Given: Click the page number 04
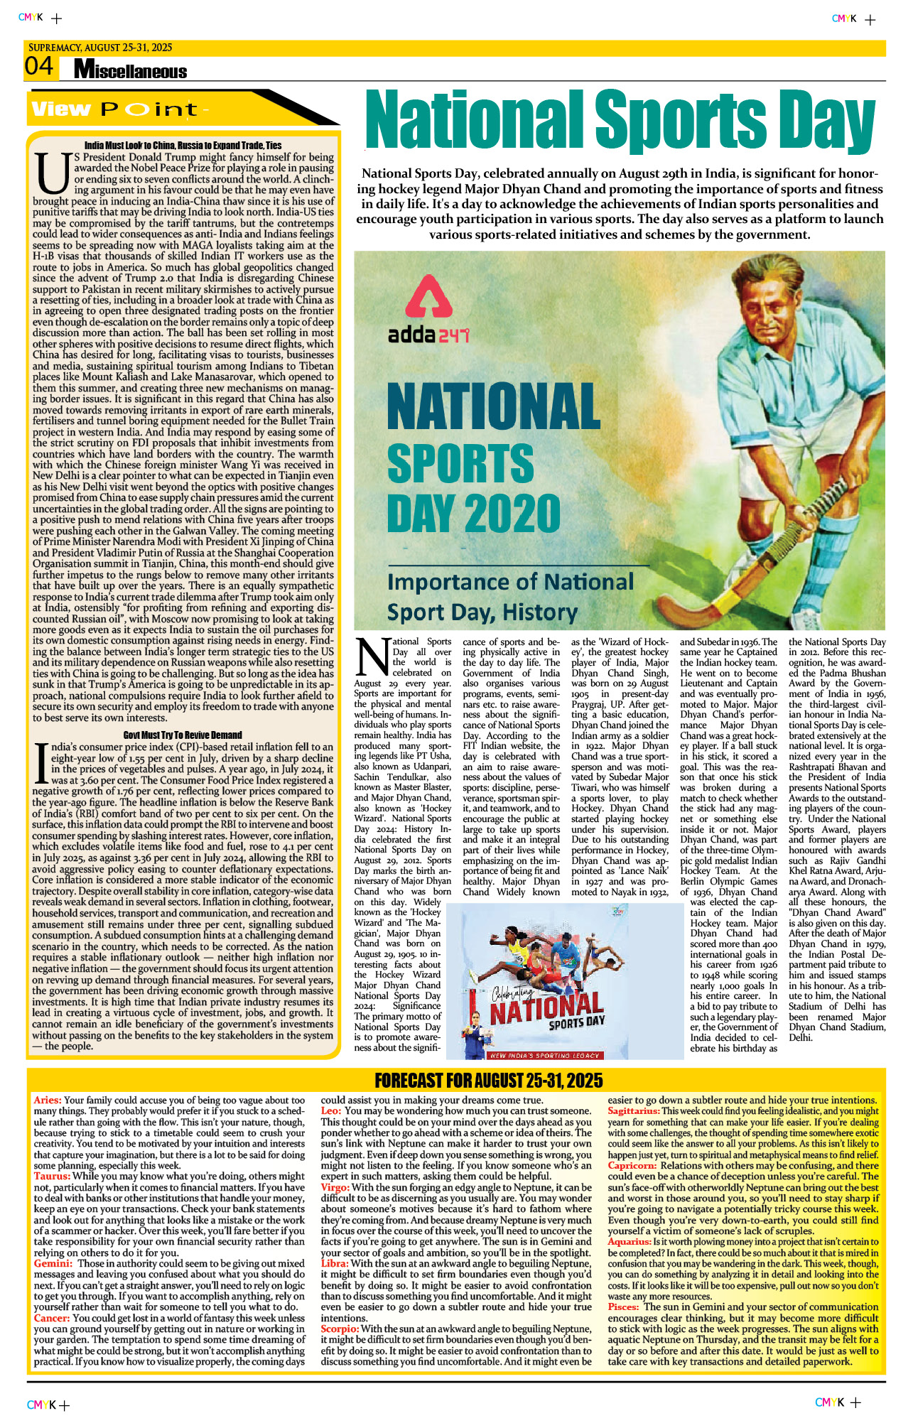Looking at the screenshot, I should (x=39, y=67).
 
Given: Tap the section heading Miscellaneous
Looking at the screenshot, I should (x=130, y=70).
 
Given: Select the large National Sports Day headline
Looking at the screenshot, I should (x=620, y=119).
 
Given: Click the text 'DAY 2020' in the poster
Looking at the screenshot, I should (x=474, y=513).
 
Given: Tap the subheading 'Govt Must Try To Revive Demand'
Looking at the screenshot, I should (x=183, y=735).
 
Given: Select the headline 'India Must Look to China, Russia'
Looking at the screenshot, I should (x=183, y=146).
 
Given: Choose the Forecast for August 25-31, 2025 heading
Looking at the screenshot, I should (x=489, y=1081).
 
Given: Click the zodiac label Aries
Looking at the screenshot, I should (x=48, y=1100).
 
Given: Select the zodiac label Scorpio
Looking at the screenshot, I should (x=340, y=1329).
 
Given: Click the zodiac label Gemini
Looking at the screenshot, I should (x=53, y=1263).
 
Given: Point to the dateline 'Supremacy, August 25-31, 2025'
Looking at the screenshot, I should (x=100, y=48).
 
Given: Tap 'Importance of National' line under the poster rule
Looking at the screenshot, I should (x=509, y=583).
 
